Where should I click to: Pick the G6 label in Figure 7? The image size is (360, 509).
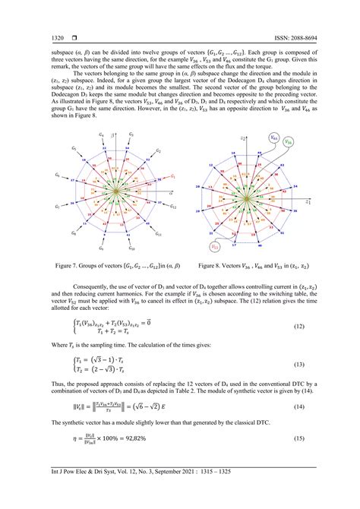click(x=57, y=175)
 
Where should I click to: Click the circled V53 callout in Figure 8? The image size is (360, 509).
click(x=216, y=248)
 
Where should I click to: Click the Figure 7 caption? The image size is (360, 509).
click(x=110, y=267)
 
